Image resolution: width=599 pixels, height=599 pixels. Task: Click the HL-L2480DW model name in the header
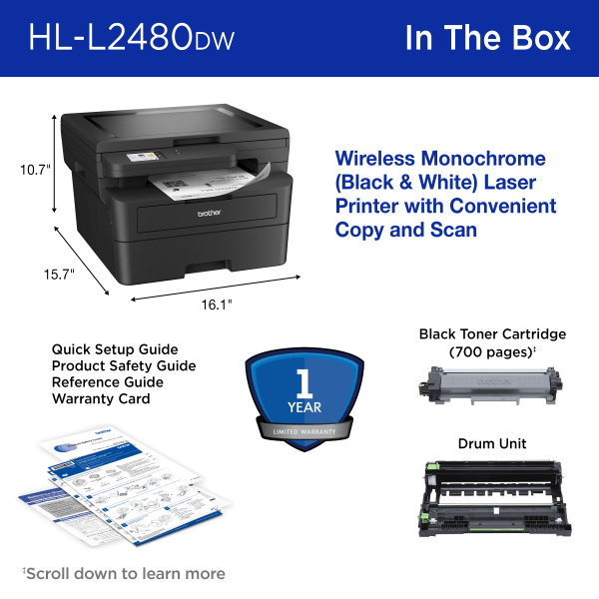tap(133, 38)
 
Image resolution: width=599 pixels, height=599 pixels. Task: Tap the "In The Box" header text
tap(487, 38)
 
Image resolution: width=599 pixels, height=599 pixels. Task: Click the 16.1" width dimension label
tap(216, 303)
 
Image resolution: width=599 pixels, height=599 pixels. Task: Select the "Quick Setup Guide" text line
tap(115, 349)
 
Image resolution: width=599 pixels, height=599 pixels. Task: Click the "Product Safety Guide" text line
tap(124, 365)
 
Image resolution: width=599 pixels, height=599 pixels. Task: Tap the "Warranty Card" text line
tap(101, 398)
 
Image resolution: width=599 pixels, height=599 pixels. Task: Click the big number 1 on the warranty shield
tap(300, 384)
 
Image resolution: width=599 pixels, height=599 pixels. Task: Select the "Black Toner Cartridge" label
tap(492, 333)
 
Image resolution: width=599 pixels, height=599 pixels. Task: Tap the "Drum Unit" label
tap(492, 443)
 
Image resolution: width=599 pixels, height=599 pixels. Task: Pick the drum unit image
tap(492, 498)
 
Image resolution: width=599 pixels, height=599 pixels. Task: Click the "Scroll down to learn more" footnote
tap(124, 573)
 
